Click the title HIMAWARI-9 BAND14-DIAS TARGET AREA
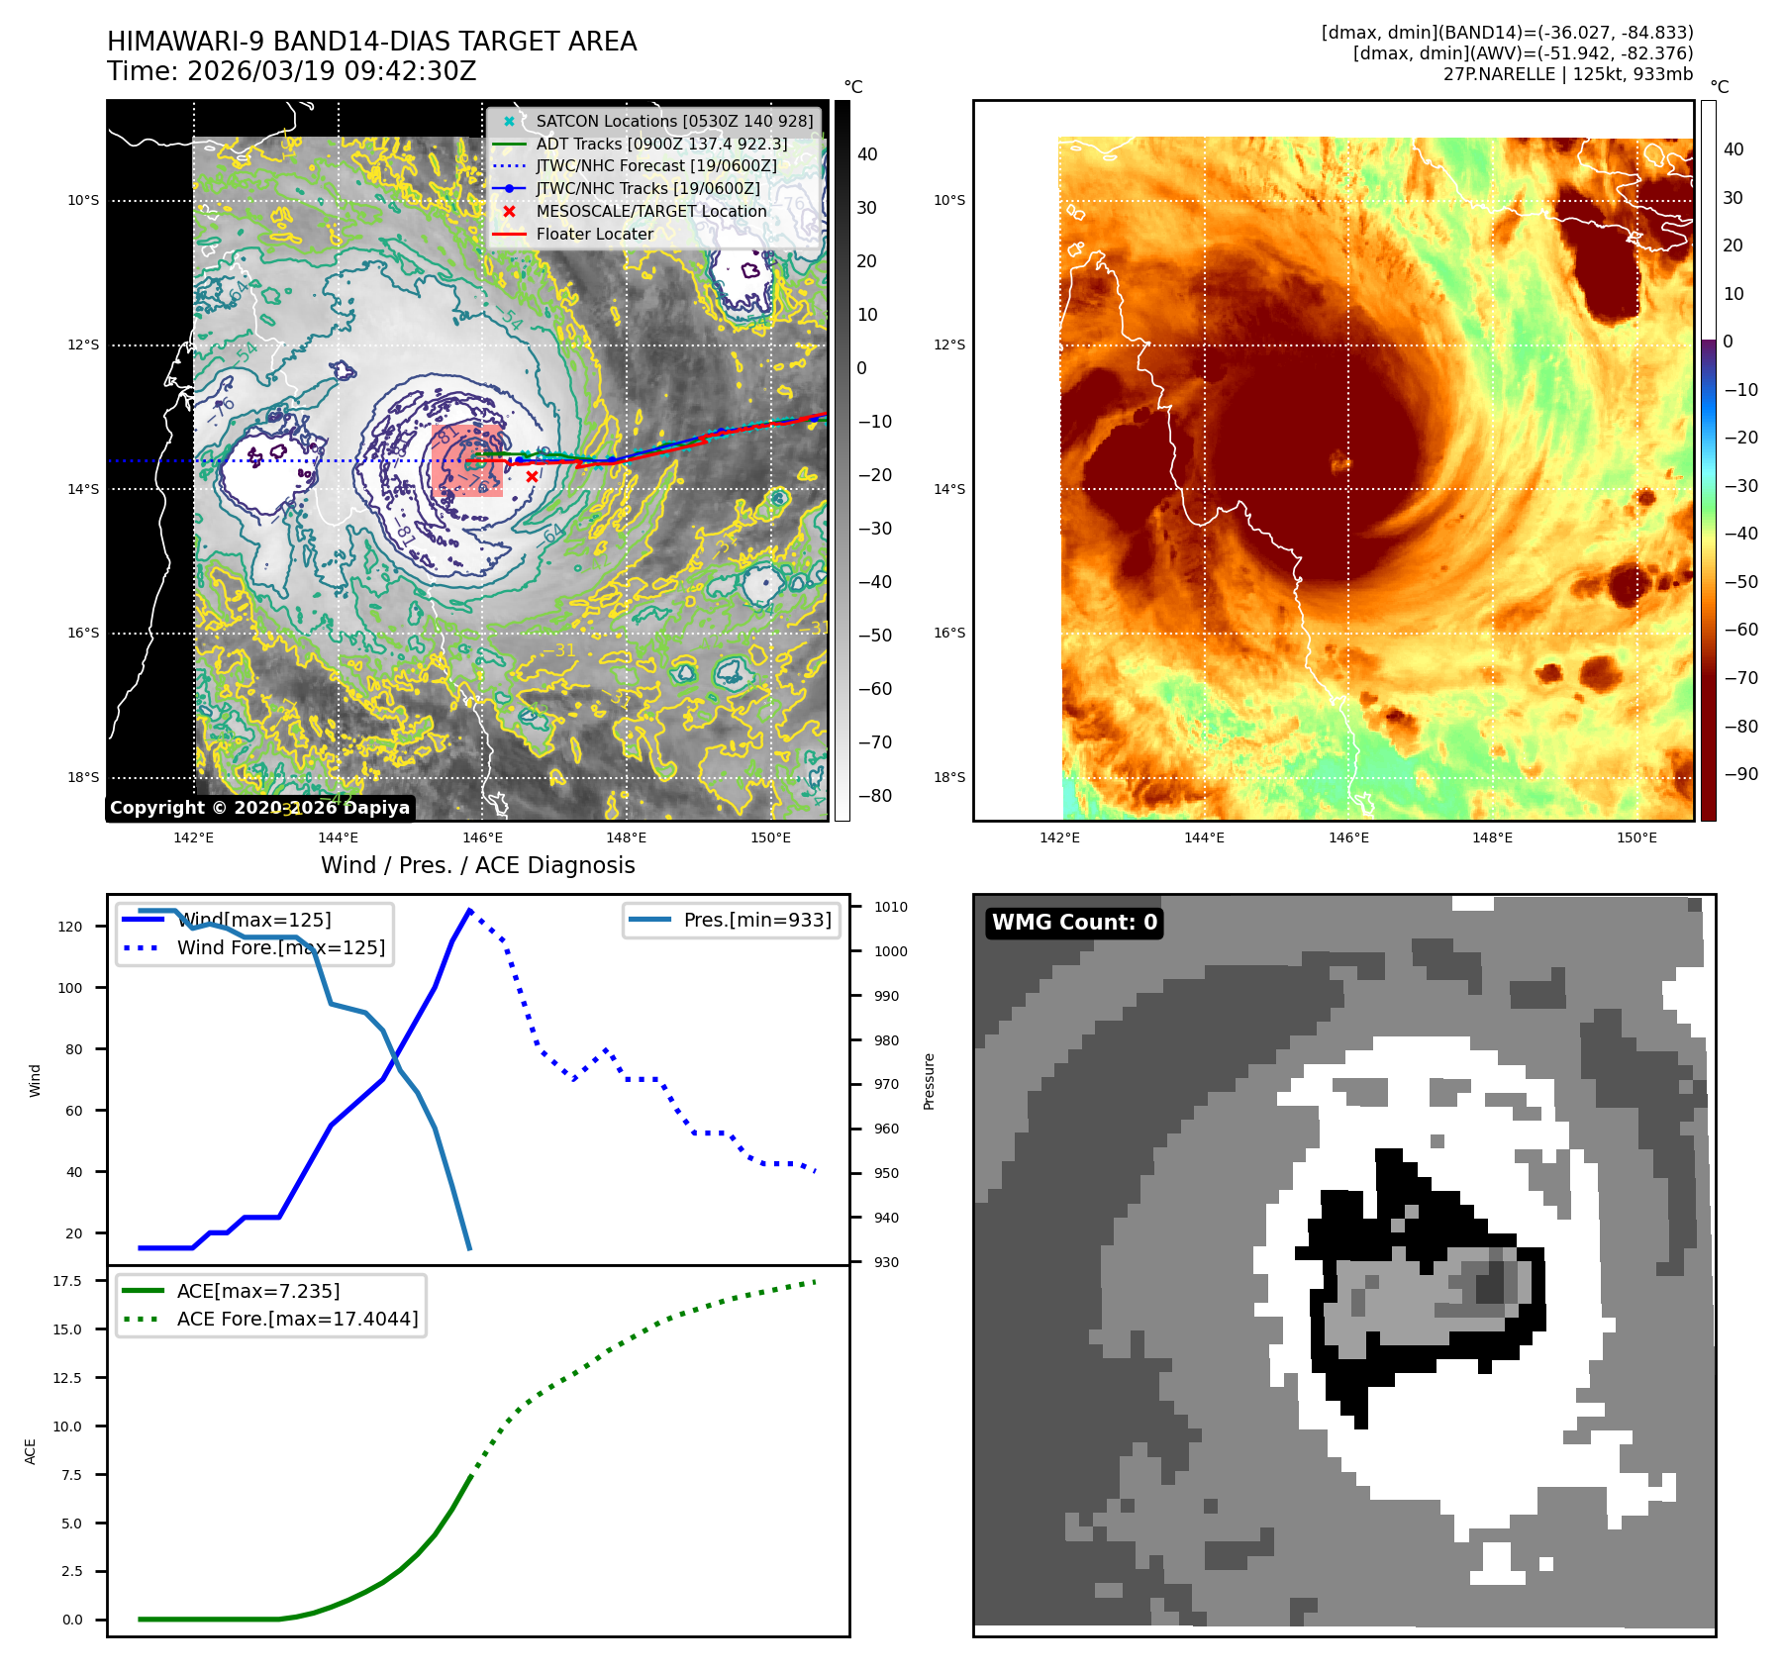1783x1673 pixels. click(x=371, y=42)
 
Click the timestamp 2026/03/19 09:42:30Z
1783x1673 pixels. click(x=332, y=71)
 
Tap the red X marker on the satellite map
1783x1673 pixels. click(x=532, y=476)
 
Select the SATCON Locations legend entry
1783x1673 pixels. click(x=673, y=121)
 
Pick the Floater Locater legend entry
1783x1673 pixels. click(x=594, y=234)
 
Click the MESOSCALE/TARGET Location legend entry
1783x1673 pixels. click(x=650, y=211)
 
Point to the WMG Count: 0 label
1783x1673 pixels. click(x=1074, y=923)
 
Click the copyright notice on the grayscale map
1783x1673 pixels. click(x=259, y=808)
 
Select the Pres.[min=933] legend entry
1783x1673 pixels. click(x=756, y=920)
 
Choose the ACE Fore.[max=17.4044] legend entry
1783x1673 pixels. click(x=297, y=1319)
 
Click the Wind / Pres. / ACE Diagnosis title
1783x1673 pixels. click(x=478, y=865)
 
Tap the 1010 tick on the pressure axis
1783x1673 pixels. click(x=890, y=907)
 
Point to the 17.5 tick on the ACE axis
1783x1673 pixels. click(x=67, y=1281)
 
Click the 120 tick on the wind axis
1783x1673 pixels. click(x=70, y=927)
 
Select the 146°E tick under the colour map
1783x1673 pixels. click(x=1348, y=837)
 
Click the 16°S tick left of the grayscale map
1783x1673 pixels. click(x=83, y=634)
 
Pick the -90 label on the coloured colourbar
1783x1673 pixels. click(x=1740, y=774)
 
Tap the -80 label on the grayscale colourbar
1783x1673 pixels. click(x=874, y=796)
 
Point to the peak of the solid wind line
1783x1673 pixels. click(x=469, y=909)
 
